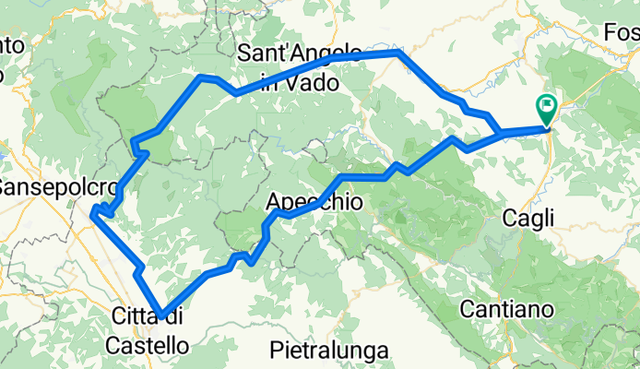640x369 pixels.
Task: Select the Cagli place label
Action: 528,219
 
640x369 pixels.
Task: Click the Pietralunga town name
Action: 330,351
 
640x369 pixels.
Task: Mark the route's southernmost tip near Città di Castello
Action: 162,316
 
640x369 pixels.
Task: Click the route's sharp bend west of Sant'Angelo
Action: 202,77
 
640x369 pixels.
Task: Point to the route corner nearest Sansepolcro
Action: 94,214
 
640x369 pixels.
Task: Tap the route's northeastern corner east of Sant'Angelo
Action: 398,54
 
